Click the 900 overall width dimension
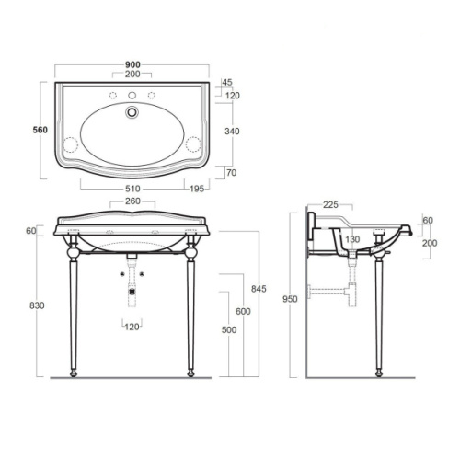click(x=132, y=64)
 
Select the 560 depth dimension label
click(x=40, y=130)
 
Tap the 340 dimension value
click(x=232, y=132)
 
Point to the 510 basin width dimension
click(x=132, y=189)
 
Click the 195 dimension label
click(x=197, y=189)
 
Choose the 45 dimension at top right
click(x=227, y=82)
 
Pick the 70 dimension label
click(x=232, y=173)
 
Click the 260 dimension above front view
click(x=132, y=201)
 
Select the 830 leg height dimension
click(x=37, y=305)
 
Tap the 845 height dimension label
click(x=259, y=289)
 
